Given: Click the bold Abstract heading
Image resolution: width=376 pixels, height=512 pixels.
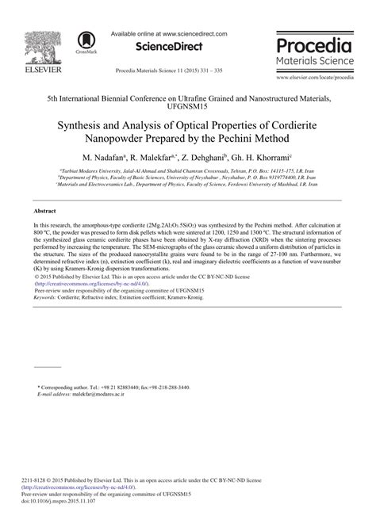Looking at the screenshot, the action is (44, 212).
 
